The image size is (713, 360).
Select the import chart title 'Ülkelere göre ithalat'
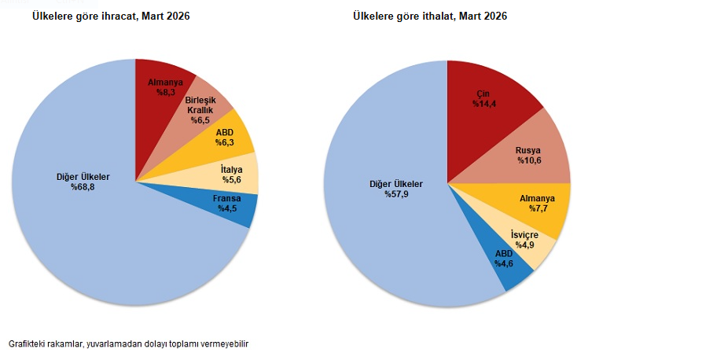coord(430,17)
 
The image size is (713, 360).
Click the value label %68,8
coord(83,187)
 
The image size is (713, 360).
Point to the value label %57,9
coord(396,194)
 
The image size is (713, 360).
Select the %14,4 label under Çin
coord(482,104)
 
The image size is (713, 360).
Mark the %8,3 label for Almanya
coord(165,93)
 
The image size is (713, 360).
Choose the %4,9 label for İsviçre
coord(525,245)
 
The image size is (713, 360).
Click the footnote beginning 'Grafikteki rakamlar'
coord(129,344)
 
